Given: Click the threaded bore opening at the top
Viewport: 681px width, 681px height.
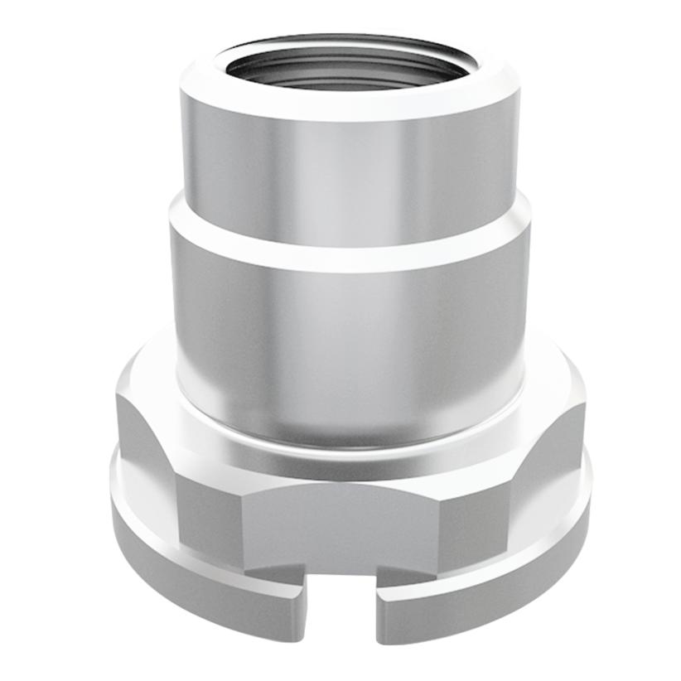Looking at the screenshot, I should click(x=348, y=66).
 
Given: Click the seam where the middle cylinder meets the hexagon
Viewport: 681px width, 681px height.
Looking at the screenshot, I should click(x=348, y=443).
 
